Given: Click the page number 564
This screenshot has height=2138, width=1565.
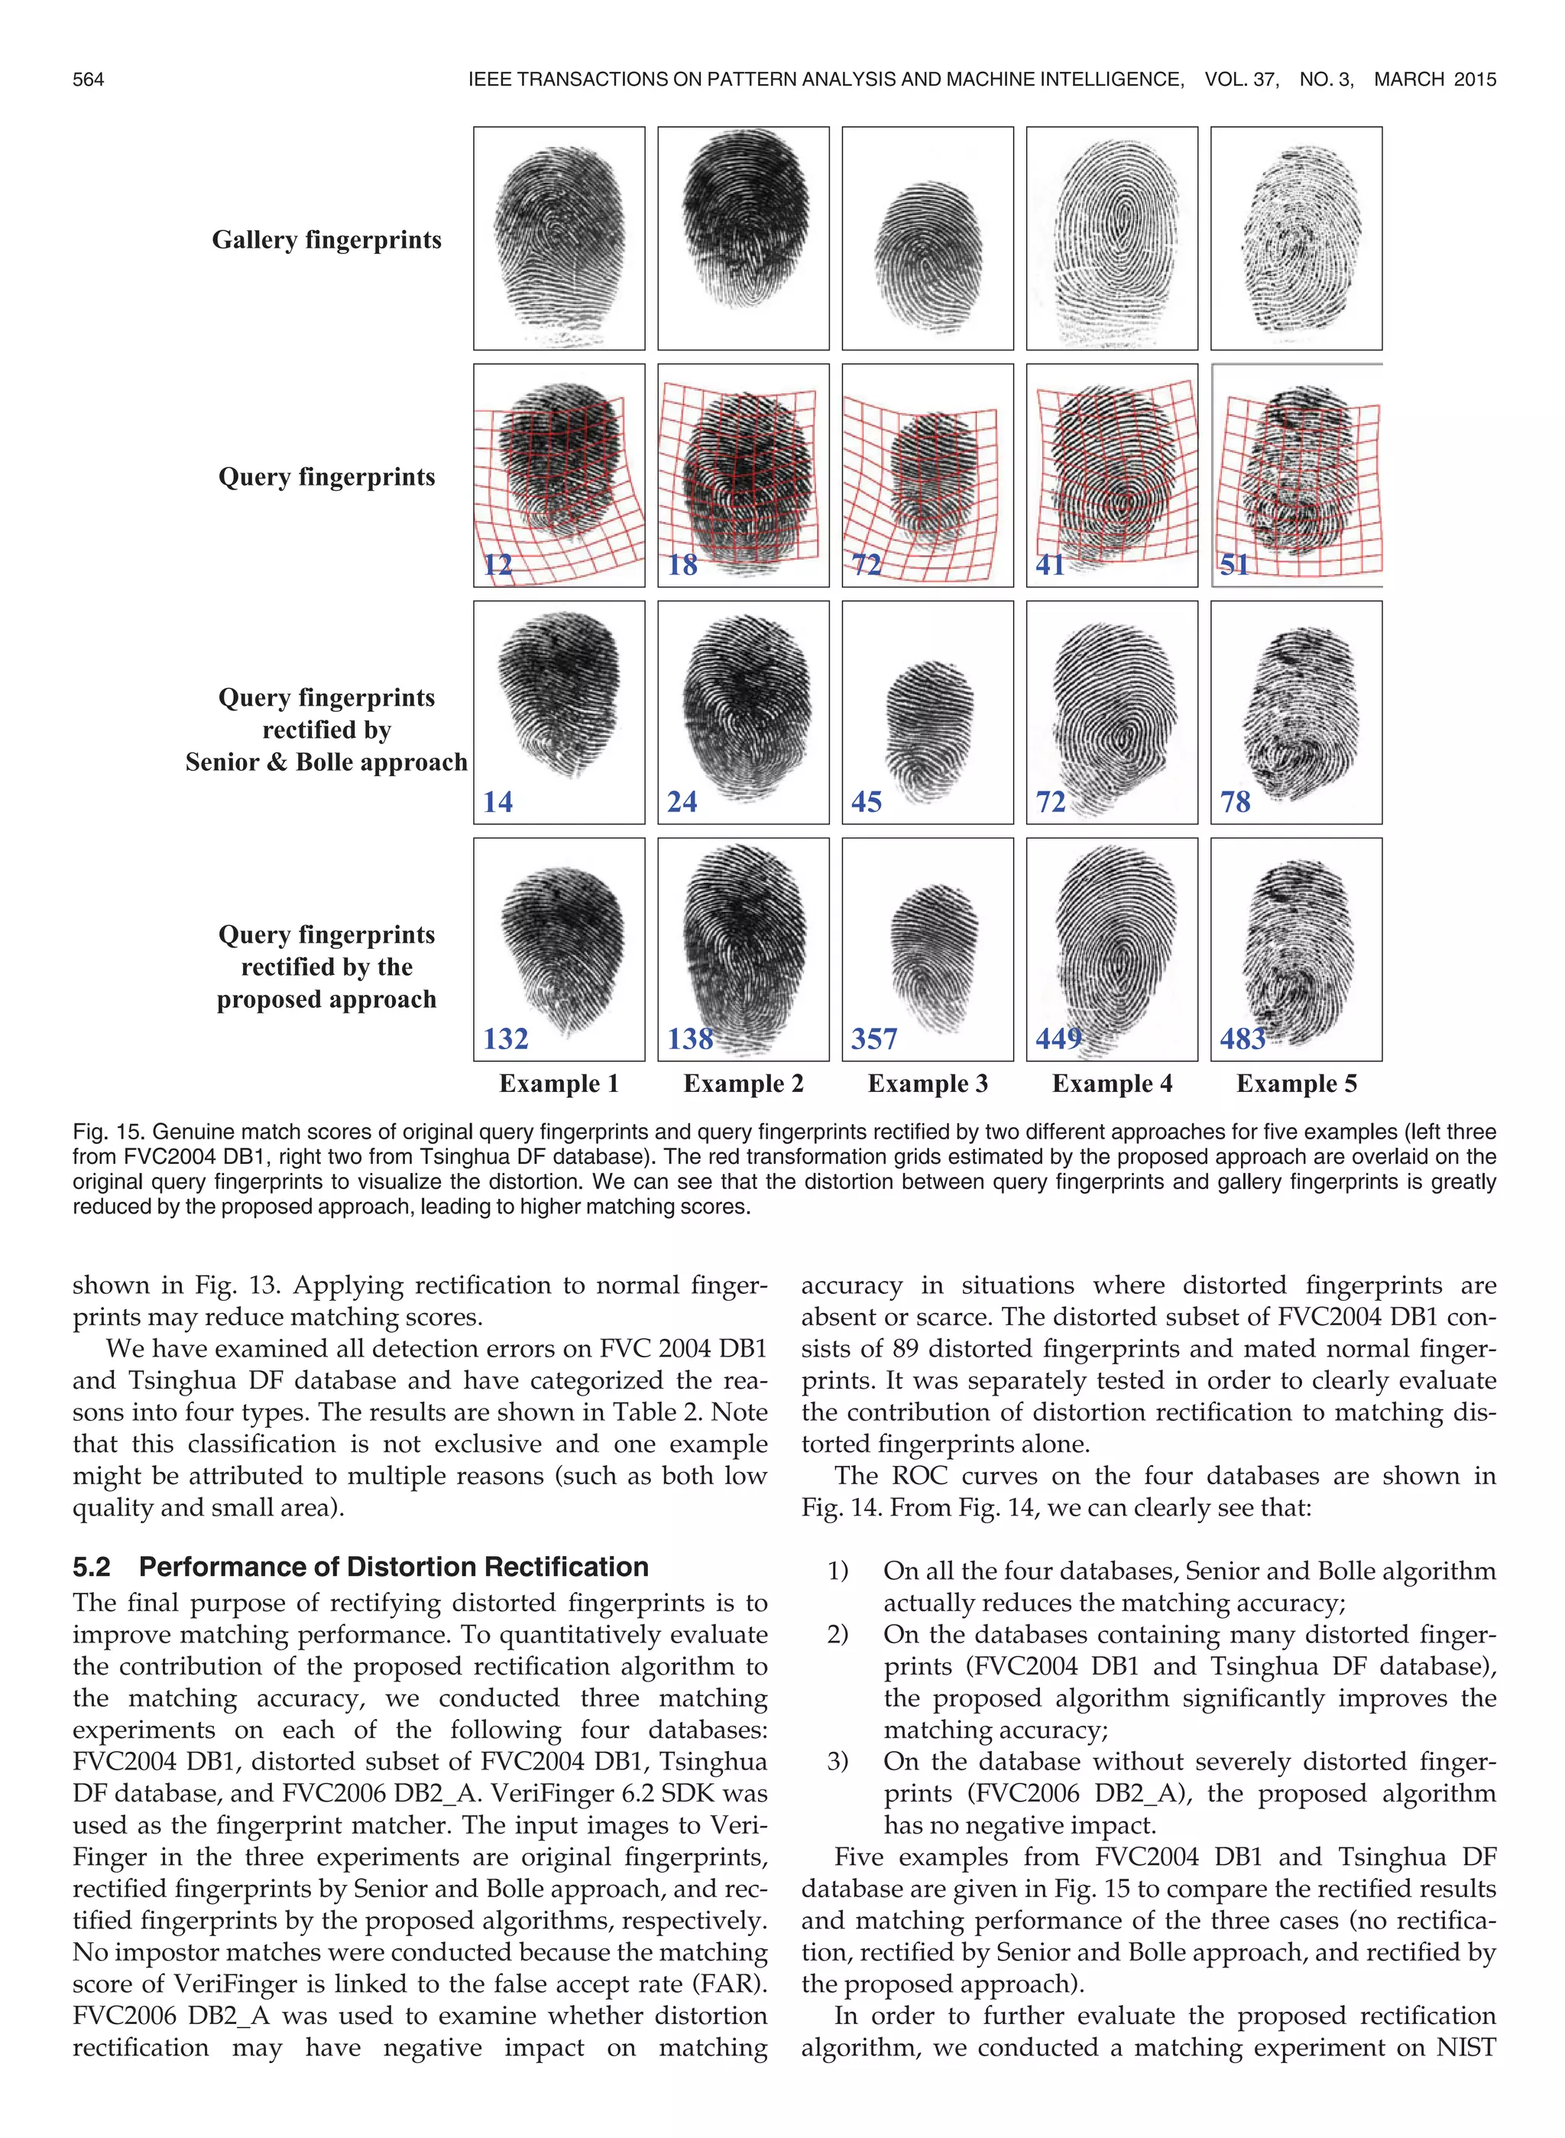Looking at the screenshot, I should click(88, 80).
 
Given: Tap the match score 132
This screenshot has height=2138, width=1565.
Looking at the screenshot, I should click(505, 1038).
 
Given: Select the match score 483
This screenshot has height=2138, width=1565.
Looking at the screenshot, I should click(1242, 1038).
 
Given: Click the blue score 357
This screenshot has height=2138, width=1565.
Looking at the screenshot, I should click(873, 1038).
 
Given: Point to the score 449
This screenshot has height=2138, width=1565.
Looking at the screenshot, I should click(1058, 1038).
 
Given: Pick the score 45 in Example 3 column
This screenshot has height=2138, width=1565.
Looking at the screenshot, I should click(866, 801).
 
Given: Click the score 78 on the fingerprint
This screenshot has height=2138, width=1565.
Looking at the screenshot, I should click(1236, 801).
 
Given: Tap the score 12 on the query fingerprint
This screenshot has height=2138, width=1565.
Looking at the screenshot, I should click(497, 565).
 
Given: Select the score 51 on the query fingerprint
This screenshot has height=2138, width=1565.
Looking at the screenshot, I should click(1234, 565).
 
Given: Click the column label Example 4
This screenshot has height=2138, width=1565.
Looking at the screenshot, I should click(1112, 1084).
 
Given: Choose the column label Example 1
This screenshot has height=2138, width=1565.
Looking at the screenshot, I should click(559, 1084).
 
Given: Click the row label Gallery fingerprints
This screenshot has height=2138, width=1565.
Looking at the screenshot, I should click(327, 240).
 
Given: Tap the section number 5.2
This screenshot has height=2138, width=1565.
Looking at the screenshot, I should click(91, 1567).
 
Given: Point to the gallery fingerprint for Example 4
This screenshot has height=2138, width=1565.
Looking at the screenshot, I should click(1112, 238).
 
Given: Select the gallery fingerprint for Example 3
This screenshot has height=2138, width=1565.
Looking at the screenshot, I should click(928, 238).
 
